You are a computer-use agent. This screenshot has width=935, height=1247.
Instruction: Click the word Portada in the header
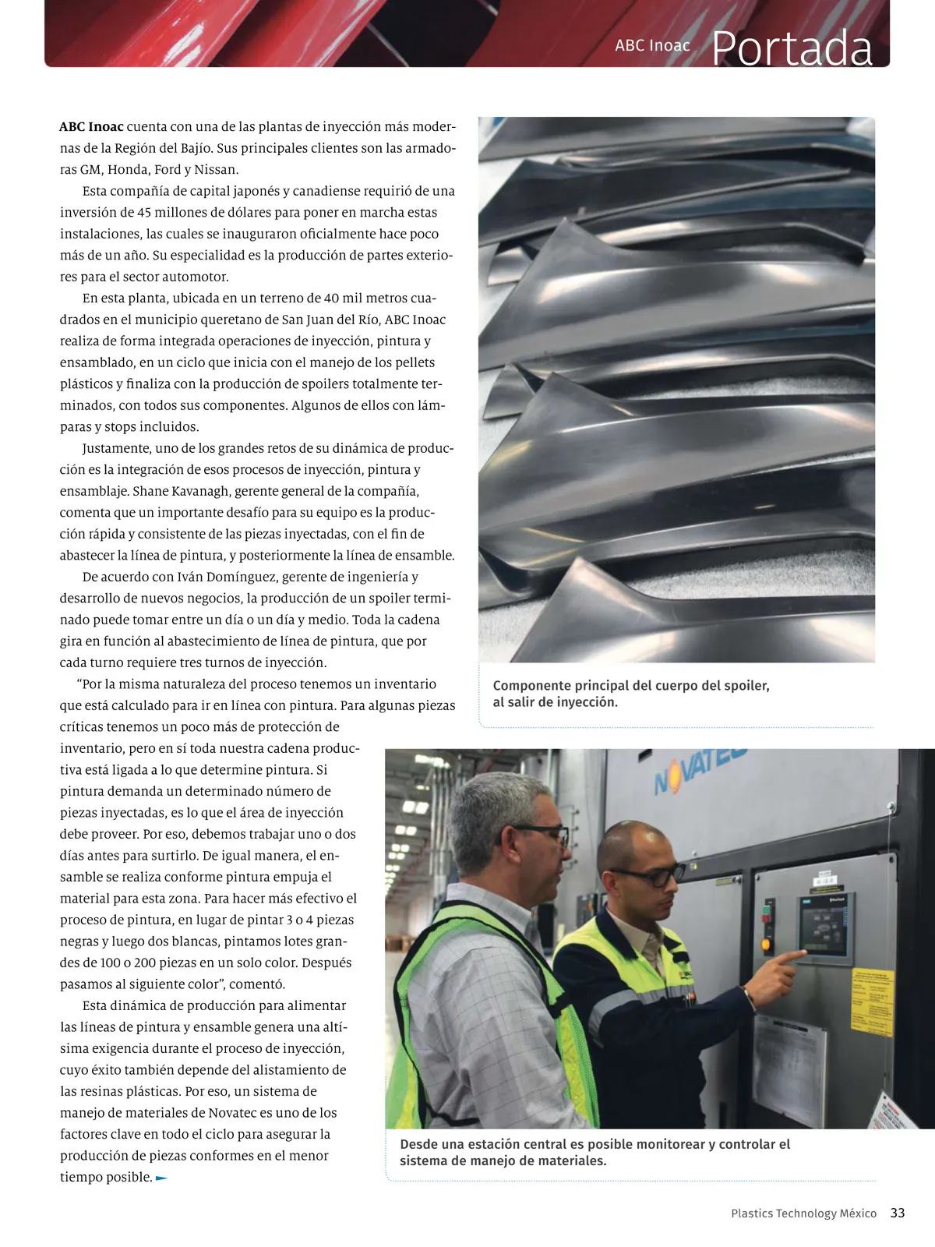792,48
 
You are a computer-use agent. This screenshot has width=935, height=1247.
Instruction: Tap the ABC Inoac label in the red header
652,45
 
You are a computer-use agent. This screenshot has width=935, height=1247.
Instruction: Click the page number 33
898,1213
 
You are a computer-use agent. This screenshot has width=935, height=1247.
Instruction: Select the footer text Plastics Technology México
803,1213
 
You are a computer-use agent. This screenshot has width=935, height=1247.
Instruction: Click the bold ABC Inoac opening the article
91,127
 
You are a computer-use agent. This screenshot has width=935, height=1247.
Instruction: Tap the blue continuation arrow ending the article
161,1178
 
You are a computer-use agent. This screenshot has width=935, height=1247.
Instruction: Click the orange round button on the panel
766,945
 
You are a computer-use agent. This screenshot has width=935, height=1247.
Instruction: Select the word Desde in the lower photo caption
418,1144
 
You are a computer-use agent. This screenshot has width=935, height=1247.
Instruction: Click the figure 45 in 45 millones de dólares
144,212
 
